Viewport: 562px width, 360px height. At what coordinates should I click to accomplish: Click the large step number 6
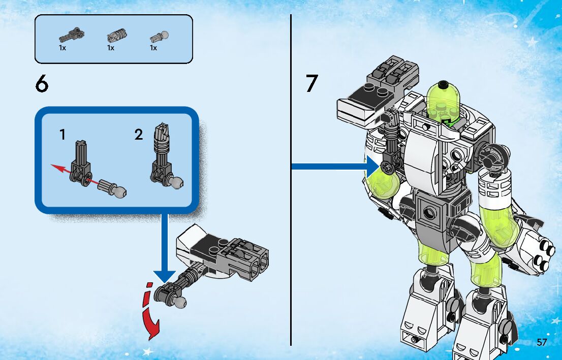click(42, 84)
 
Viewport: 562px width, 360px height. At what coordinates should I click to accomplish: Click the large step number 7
click(312, 83)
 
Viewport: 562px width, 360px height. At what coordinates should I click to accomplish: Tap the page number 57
click(542, 342)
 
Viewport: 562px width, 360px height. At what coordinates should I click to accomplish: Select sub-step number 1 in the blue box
click(63, 135)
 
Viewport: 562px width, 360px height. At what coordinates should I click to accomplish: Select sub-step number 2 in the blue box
click(139, 135)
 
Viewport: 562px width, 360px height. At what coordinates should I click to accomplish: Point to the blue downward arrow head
click(165, 276)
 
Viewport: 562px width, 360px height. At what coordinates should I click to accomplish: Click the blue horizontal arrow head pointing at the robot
click(373, 166)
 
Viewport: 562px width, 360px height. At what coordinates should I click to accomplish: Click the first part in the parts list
click(71, 35)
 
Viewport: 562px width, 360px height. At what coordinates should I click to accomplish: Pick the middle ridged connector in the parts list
click(117, 36)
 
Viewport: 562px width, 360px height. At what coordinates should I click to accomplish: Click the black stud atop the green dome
click(444, 84)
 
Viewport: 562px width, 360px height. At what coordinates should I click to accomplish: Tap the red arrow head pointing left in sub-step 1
click(56, 168)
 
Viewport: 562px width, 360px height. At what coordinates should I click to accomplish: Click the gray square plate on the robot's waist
click(429, 213)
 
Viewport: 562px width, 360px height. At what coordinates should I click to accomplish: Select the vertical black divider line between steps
click(291, 180)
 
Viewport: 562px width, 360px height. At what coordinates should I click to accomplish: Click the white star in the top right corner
click(532, 42)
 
